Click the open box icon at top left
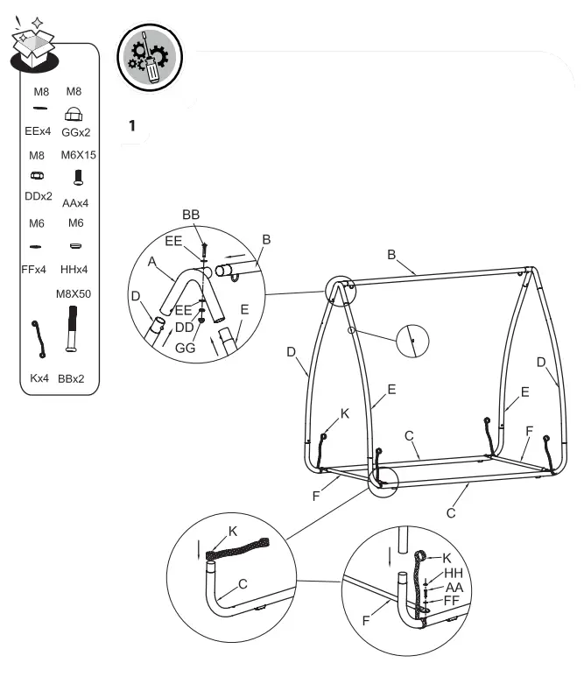[33, 42]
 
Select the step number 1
[132, 126]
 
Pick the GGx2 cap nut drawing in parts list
[74, 114]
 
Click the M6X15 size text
[77, 155]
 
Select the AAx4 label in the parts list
[76, 203]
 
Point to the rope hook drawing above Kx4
[38, 340]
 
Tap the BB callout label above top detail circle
[191, 215]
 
